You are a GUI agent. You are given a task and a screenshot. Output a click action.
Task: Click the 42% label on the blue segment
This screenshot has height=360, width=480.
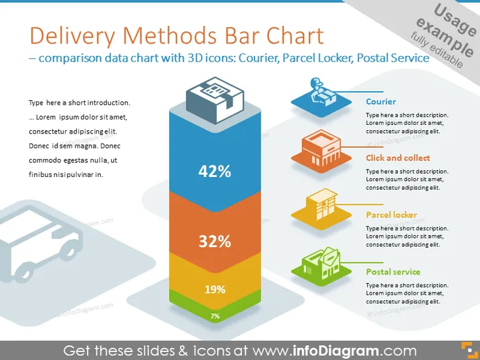pyautogui.click(x=215, y=171)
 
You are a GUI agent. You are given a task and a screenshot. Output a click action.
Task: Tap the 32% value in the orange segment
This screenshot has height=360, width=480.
pyautogui.click(x=215, y=242)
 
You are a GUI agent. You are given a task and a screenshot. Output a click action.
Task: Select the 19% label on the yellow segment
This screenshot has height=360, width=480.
pyautogui.click(x=215, y=289)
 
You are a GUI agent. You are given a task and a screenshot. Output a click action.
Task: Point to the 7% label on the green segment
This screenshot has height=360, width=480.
pyautogui.click(x=215, y=316)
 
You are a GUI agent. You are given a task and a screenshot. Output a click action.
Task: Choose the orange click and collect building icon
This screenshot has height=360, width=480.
pyautogui.click(x=321, y=151)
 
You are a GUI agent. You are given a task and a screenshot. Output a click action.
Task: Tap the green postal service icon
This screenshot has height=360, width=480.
pyautogui.click(x=321, y=266)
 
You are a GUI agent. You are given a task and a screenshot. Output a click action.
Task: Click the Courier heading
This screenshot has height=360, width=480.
pyautogui.click(x=381, y=102)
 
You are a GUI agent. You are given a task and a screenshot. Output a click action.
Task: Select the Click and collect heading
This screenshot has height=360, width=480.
pyautogui.click(x=398, y=158)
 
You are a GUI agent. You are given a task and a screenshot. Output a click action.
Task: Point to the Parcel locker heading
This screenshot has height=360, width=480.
pyautogui.click(x=392, y=214)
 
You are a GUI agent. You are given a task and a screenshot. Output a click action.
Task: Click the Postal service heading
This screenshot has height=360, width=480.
pyautogui.click(x=393, y=272)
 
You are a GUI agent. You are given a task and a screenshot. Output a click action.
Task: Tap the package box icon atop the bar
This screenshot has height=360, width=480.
pyautogui.click(x=215, y=100)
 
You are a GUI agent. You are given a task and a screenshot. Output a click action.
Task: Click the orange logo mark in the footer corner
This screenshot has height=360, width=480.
pyautogui.click(x=469, y=351)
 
